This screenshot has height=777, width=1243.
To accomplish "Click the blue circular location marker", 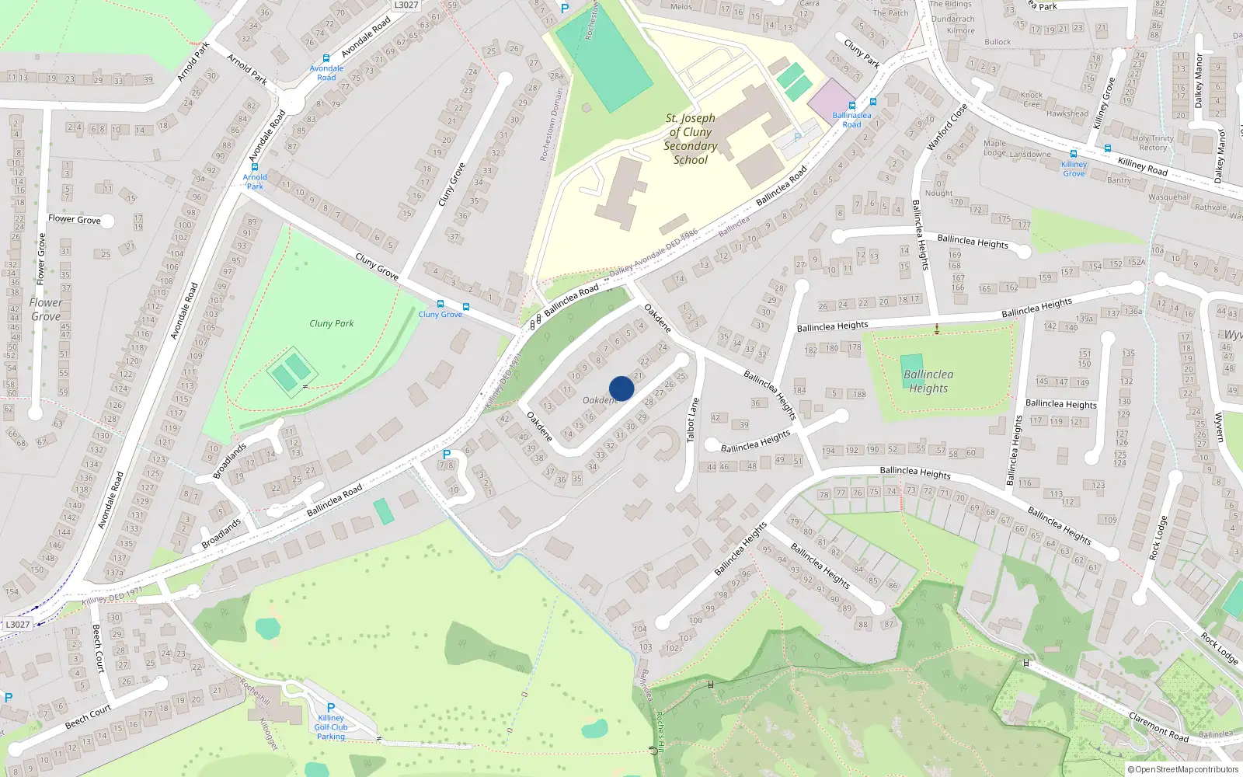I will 621,388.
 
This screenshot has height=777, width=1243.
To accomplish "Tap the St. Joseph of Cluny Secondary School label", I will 690,139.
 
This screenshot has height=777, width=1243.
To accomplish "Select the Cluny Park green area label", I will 331,323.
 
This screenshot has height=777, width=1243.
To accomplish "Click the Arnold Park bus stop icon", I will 254,167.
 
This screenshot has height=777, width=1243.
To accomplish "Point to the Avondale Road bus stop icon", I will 326,58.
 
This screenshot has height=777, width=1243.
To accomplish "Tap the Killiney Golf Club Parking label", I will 331,727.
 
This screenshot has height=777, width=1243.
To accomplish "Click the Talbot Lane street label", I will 692,420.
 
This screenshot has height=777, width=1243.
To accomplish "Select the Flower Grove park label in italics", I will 46,309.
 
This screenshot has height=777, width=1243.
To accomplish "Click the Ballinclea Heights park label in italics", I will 928,382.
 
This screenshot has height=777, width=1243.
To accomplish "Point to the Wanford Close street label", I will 947,127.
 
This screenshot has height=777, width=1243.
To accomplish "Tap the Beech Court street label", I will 88,717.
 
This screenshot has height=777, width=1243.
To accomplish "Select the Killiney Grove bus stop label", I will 1074,169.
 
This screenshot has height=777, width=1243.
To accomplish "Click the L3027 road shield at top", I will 406,5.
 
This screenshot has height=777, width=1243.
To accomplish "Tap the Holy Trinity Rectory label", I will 1153,143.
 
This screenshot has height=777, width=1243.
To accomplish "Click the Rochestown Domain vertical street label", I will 552,124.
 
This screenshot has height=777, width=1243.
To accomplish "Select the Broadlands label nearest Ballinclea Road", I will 221,534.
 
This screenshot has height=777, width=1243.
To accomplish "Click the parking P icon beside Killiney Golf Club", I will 331,708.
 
